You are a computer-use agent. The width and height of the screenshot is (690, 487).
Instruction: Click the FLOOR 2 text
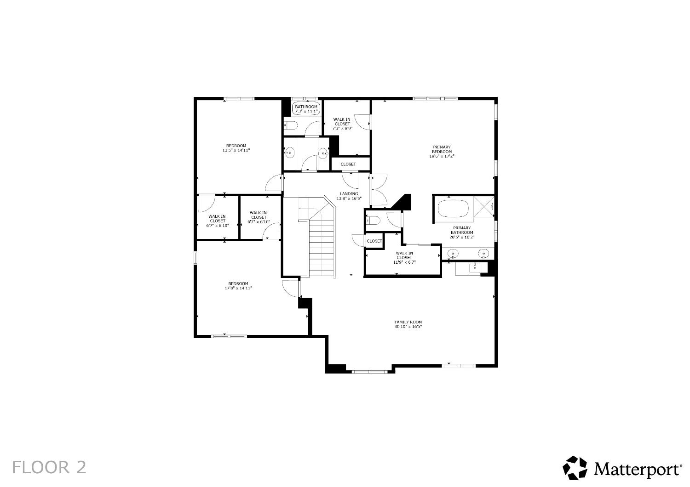coord(49,467)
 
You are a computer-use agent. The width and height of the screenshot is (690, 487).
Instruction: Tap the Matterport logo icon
coord(575,468)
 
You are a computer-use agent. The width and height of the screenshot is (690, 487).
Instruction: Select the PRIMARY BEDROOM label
coord(442,149)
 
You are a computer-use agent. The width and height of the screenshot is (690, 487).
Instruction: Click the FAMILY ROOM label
coord(408,322)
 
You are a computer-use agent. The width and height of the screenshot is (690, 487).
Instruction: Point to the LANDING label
coord(349,194)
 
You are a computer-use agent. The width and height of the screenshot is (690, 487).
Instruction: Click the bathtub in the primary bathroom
coord(453,209)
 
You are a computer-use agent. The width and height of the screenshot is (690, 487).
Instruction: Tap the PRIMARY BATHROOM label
coord(462,230)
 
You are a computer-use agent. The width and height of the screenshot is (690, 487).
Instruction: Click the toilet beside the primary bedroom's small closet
coord(373,221)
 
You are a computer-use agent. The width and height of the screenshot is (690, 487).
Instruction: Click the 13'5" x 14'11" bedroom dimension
coord(236,150)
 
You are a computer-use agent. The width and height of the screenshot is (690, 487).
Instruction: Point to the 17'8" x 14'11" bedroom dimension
coord(238,288)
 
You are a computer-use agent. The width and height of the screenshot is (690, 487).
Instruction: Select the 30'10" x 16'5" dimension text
coord(408,327)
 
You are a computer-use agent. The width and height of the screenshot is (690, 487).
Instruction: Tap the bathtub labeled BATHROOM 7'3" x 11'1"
coord(306,108)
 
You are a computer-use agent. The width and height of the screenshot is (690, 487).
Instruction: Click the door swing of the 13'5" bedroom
coord(274,184)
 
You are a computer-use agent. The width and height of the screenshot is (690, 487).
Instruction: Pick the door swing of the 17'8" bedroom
coord(290,288)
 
